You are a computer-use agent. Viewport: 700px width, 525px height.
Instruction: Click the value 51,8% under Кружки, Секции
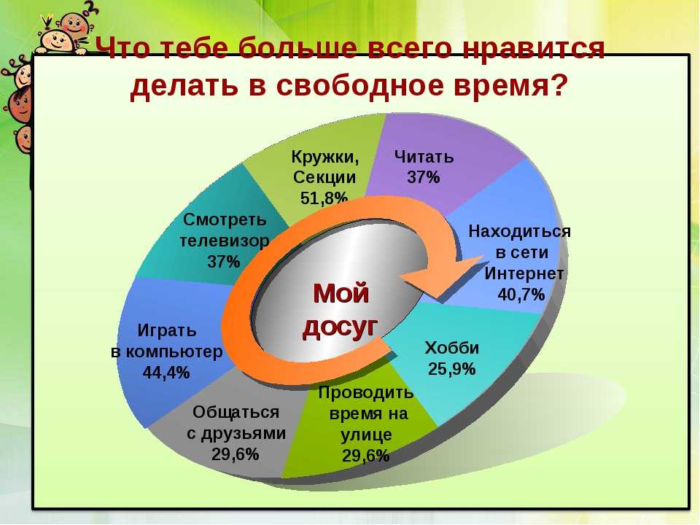(x=324, y=198)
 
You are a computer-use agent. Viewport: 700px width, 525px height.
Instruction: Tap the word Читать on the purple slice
(x=424, y=157)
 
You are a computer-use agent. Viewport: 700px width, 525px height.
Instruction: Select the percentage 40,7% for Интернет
(x=521, y=294)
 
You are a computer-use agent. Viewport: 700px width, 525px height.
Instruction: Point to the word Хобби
(x=452, y=348)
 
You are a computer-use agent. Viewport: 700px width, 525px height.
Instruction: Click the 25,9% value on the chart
(x=452, y=369)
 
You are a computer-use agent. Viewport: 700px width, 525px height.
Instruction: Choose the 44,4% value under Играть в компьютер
(x=166, y=373)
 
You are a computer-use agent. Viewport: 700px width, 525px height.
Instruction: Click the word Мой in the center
(x=341, y=293)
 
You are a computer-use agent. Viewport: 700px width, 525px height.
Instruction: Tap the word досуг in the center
(x=341, y=327)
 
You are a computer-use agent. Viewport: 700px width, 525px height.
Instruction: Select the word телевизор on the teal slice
(x=225, y=241)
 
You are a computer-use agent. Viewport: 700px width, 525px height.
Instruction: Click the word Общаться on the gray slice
(x=236, y=411)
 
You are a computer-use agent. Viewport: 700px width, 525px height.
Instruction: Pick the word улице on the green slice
(x=367, y=435)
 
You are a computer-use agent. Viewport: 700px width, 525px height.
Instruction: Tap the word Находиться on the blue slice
(x=520, y=231)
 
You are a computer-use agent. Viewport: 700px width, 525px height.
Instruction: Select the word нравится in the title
(x=533, y=48)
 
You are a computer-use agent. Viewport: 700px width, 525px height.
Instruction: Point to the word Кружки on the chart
(x=325, y=157)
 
